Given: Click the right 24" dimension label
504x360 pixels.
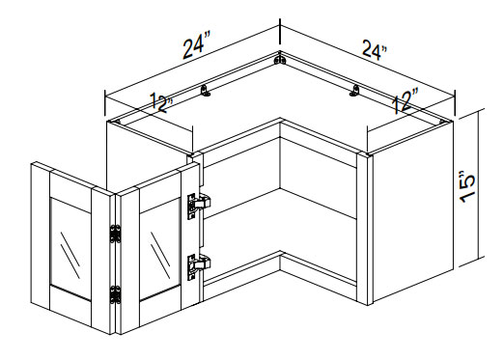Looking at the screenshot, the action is coord(375,49).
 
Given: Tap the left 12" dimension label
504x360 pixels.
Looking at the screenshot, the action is coord(161,102).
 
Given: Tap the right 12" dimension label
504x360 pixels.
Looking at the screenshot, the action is coord(405,101).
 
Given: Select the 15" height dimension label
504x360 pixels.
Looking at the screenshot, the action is coord(467,187).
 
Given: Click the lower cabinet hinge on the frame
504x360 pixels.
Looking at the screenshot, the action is coord(199,266).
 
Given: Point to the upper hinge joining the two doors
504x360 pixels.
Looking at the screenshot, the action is coord(116,234).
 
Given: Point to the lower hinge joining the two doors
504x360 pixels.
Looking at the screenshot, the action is coord(116,294).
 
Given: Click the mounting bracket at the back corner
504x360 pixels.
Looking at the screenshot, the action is coord(280,60).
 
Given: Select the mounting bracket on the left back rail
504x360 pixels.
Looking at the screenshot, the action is coord(206,91).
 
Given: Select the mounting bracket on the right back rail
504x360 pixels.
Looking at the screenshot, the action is coord(354,91).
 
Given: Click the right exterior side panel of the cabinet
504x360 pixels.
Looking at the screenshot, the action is coord(413,211).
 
